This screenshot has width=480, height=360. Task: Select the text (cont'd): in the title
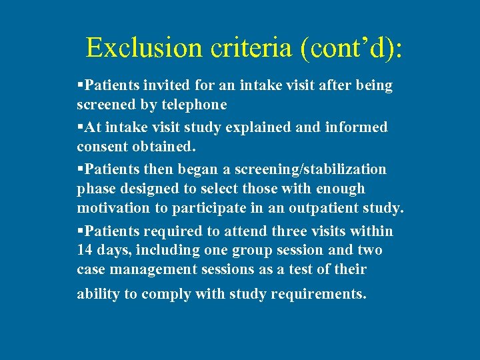click(353, 48)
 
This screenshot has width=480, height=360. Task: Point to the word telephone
click(194, 105)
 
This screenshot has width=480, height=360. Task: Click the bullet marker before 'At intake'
click(80, 127)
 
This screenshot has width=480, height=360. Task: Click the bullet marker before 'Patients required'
click(80, 231)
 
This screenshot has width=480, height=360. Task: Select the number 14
click(87, 250)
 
